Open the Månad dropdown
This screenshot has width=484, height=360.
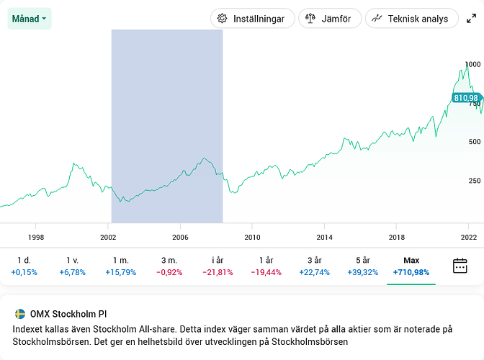coord(30,18)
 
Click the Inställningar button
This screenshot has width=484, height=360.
coord(252,19)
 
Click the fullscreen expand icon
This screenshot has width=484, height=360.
coord(472,19)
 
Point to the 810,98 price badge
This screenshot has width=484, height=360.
coord(466,97)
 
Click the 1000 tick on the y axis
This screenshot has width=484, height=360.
coord(472,64)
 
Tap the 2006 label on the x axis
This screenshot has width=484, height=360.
coord(180,236)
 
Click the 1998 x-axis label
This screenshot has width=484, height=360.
coord(36,236)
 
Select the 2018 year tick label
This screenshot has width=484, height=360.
coord(397,236)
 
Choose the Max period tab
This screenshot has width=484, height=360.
coord(411,266)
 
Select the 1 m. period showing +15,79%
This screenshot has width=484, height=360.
coord(120,266)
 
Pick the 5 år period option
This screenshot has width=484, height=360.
coord(363,266)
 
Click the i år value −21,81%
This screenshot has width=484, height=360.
coord(218,272)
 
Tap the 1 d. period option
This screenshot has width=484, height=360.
coord(24,266)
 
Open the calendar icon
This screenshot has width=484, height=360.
coord(460,266)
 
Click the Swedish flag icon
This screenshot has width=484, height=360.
coord(20,314)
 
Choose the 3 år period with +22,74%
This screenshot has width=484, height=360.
coord(314,266)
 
